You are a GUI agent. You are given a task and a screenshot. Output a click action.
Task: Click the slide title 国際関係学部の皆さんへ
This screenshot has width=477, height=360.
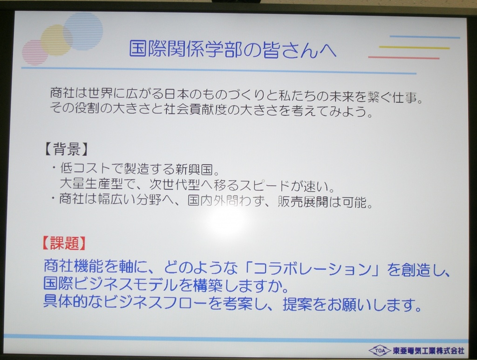[x=233, y=49]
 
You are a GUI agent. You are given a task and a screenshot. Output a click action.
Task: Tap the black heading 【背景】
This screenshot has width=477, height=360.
[x=66, y=149]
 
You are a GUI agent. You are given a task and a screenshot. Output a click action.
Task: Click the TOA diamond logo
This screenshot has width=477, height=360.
[x=379, y=351]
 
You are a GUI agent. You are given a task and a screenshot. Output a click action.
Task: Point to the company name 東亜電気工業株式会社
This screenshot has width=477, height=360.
[x=429, y=351]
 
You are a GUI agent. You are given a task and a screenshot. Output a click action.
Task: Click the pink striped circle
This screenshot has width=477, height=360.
[x=35, y=52]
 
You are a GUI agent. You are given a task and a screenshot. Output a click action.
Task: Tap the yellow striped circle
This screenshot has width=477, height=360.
[x=57, y=41]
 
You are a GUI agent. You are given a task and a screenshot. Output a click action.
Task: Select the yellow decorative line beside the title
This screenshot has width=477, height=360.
[x=414, y=48]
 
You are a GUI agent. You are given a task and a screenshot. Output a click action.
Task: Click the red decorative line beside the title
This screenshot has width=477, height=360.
[x=404, y=57]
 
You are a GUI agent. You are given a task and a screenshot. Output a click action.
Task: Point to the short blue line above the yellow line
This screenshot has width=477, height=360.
[x=425, y=37]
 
